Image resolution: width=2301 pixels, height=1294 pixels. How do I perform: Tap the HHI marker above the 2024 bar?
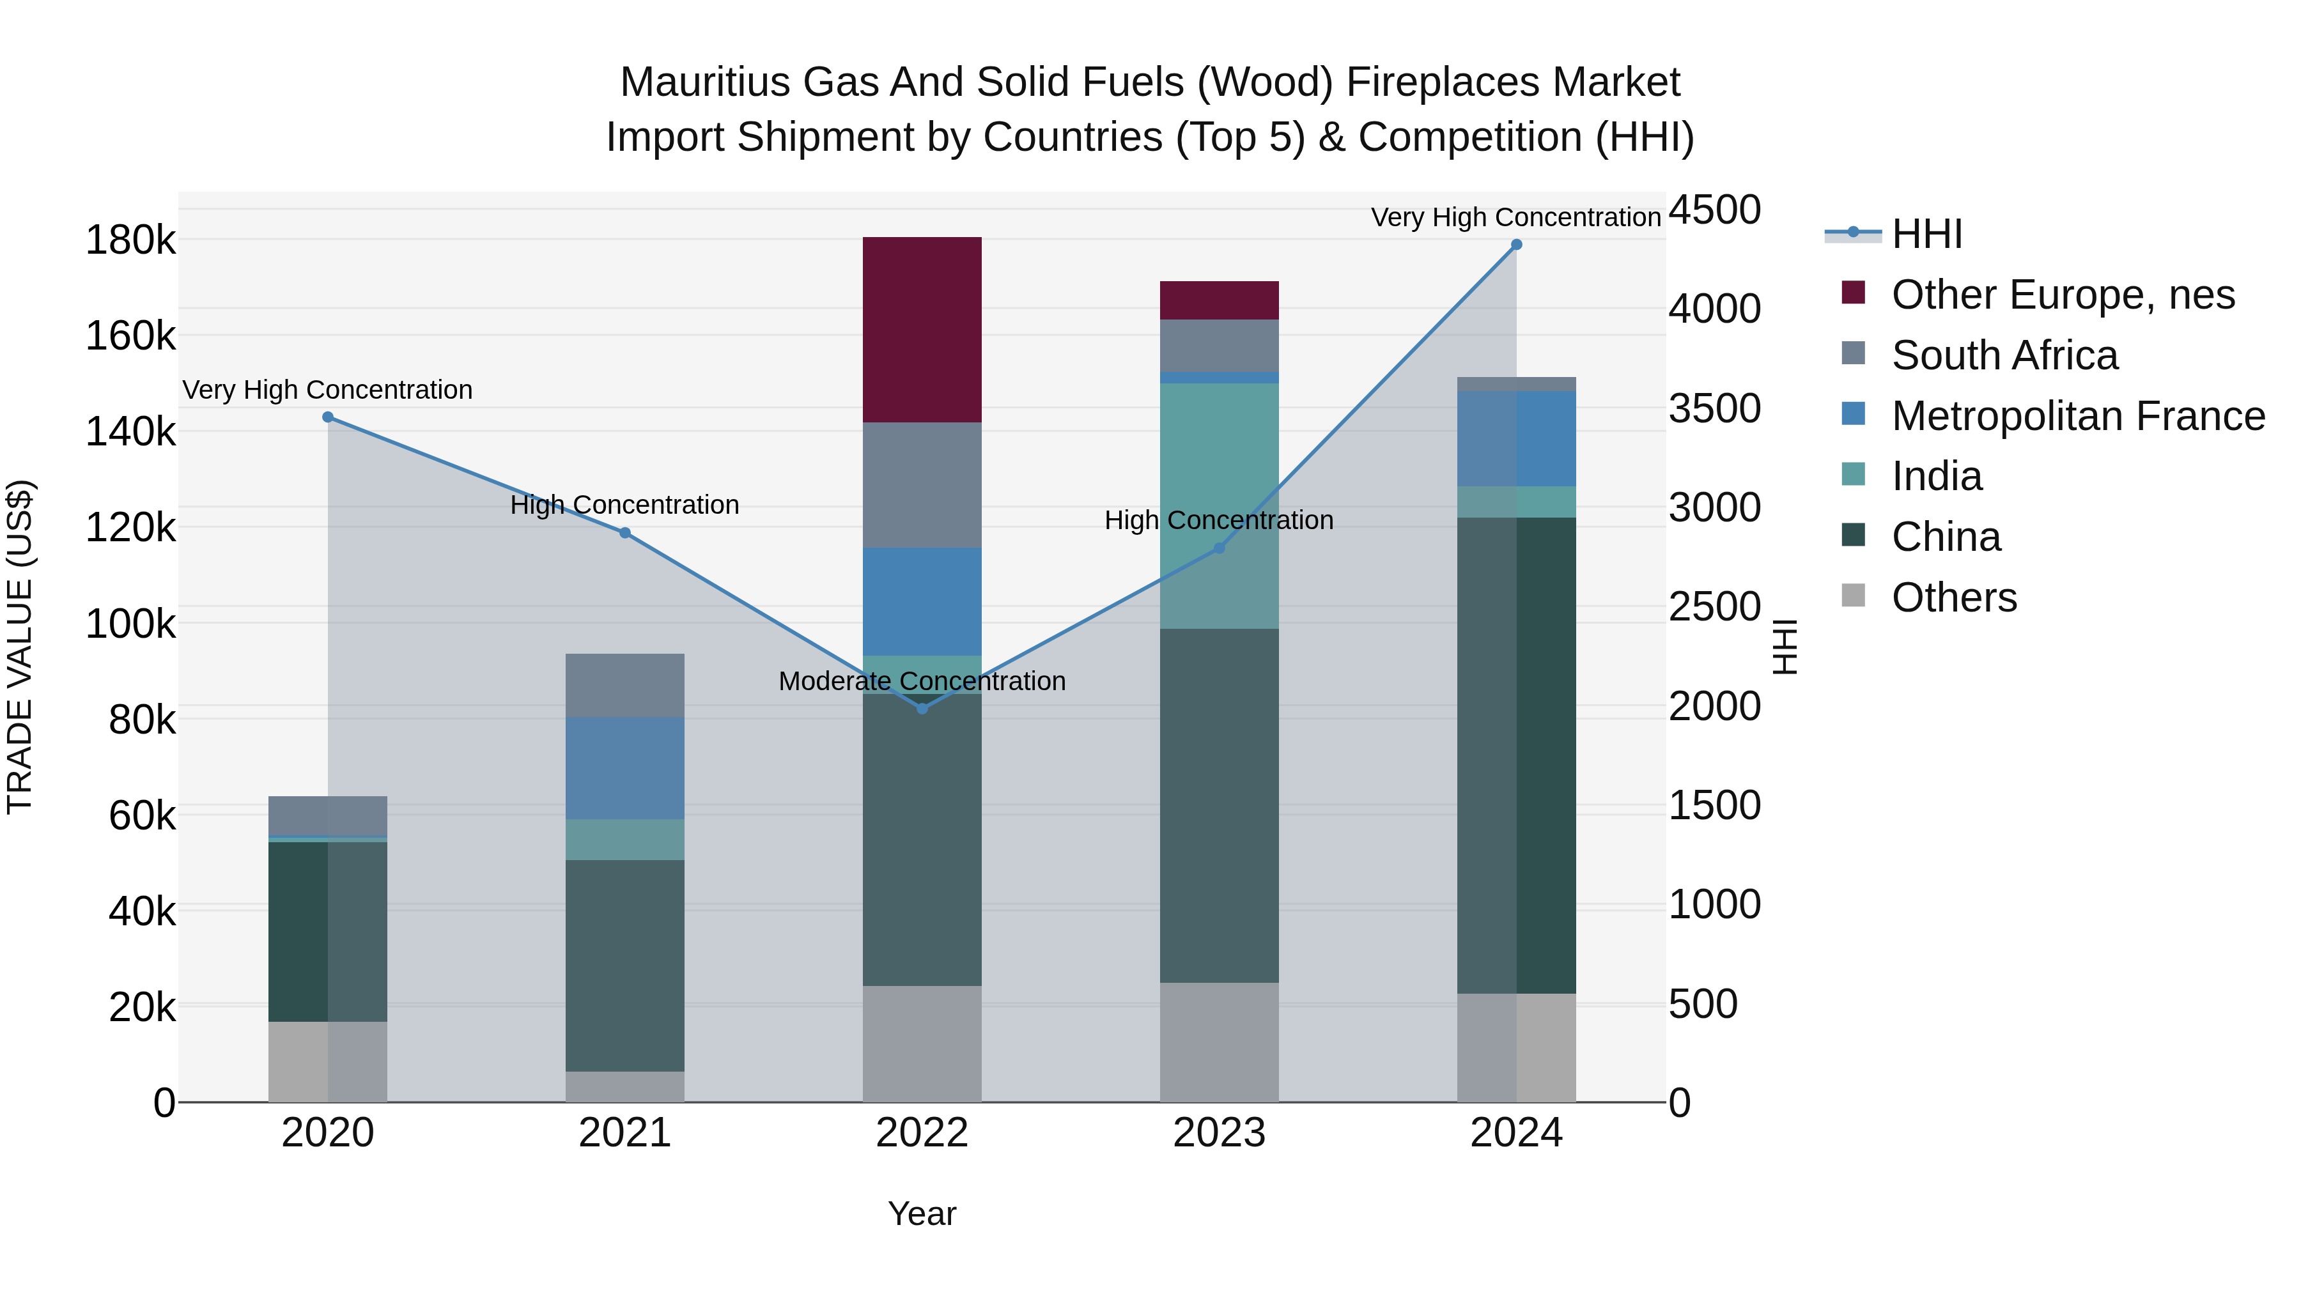[x=1516, y=245]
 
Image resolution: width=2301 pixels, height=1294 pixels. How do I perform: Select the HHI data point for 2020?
[x=328, y=417]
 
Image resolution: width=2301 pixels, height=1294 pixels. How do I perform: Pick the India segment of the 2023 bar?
[x=1220, y=505]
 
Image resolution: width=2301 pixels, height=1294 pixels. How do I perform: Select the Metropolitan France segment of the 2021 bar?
[x=624, y=768]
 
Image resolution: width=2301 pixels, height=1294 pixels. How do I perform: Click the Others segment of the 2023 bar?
[x=1220, y=1042]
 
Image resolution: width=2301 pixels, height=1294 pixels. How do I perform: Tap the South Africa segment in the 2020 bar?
[x=328, y=815]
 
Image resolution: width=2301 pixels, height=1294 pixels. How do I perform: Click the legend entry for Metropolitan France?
[x=2078, y=416]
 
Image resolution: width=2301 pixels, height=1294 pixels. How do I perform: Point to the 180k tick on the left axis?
[x=130, y=240]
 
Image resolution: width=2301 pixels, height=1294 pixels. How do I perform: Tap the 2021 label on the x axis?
[x=624, y=1133]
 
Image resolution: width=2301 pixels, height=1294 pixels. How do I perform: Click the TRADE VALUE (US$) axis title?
[x=20, y=647]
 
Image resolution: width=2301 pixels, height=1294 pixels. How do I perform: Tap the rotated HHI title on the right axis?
[x=1784, y=647]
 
